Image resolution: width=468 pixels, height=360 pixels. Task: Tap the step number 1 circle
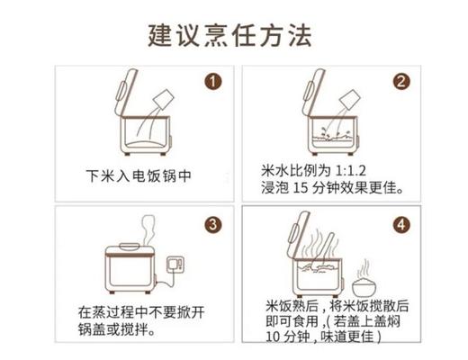tap(213, 82)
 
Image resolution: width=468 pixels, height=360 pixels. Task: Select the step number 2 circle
tap(400, 82)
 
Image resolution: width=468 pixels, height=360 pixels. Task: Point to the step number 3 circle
tap(213, 223)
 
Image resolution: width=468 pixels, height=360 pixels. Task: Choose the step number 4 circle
tap(400, 223)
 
